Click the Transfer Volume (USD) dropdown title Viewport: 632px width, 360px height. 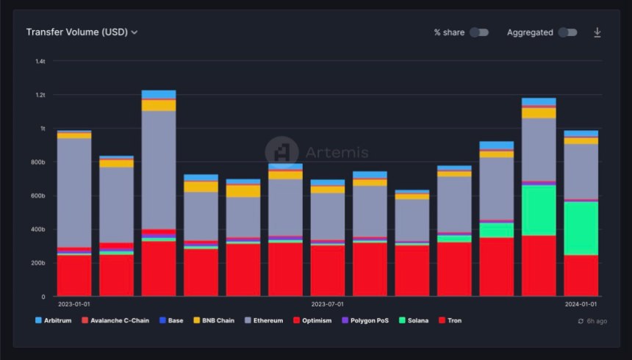point(82,32)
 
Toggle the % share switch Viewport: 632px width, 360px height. point(479,32)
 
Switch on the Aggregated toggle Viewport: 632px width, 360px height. point(567,32)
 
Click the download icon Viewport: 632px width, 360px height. point(597,32)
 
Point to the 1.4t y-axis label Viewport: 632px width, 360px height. point(40,61)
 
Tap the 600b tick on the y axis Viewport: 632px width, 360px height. point(39,195)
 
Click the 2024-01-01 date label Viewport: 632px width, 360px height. point(581,303)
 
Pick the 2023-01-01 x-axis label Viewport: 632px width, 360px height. point(74,303)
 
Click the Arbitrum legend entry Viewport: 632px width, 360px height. point(53,320)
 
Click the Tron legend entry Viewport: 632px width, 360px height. point(450,320)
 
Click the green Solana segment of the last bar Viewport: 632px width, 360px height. point(581,228)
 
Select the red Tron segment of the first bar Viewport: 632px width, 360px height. point(74,276)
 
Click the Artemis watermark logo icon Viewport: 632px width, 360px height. point(281,152)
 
